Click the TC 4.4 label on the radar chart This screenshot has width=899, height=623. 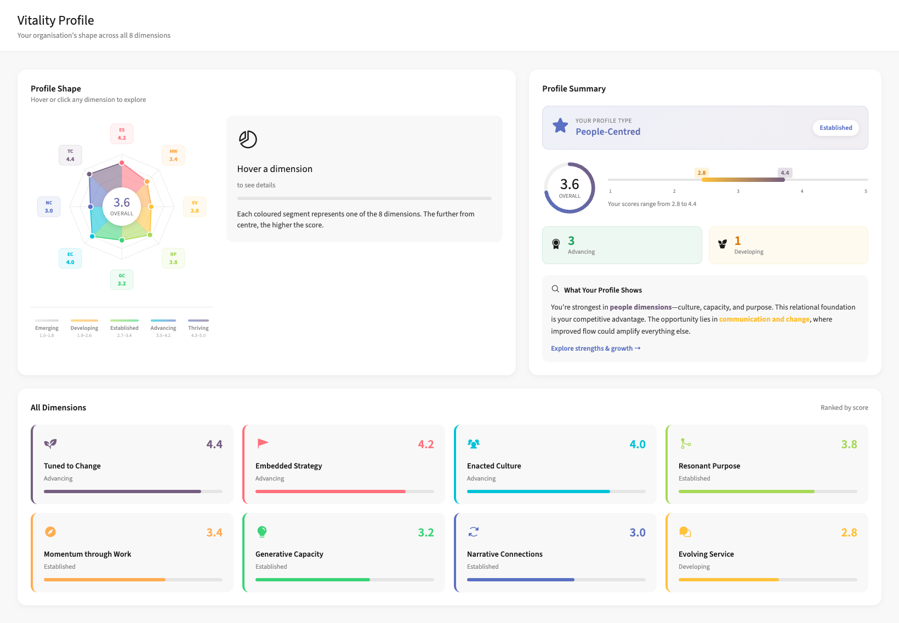click(70, 155)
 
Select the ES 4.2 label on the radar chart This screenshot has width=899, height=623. click(122, 134)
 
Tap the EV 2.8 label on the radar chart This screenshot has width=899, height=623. click(195, 207)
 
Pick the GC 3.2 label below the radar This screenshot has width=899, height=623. click(122, 279)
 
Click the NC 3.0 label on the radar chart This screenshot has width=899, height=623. click(49, 207)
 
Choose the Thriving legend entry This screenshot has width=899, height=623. click(198, 328)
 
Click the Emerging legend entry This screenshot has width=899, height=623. click(47, 328)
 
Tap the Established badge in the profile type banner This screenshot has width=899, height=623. click(835, 128)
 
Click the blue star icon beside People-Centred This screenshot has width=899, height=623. click(560, 126)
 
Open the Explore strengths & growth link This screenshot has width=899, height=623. click(595, 348)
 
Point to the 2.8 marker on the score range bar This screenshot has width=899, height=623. click(702, 173)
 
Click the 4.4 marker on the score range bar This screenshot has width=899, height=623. click(785, 173)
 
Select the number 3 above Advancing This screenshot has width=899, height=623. click(571, 241)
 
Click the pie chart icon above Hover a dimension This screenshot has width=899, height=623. click(248, 139)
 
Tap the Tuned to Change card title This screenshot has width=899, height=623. click(72, 466)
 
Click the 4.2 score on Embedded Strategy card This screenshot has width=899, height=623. click(425, 444)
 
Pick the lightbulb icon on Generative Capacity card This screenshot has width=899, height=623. click(262, 531)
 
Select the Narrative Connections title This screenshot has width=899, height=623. click(504, 554)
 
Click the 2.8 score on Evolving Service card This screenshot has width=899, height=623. click(849, 533)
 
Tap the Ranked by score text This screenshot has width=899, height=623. click(844, 408)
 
